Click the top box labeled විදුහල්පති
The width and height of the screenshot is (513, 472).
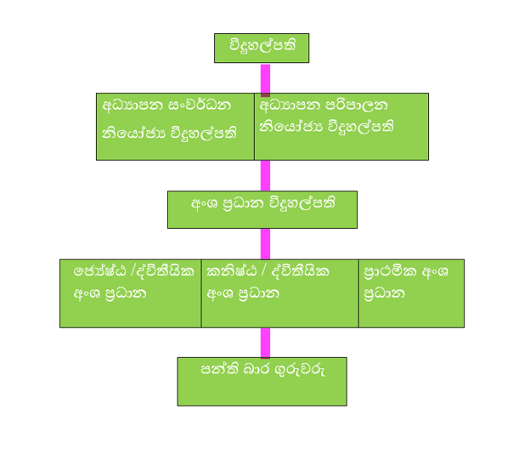click(261, 48)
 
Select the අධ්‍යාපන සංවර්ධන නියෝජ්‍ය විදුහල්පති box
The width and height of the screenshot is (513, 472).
click(175, 126)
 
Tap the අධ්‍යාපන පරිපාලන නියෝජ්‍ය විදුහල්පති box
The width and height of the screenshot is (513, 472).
click(341, 126)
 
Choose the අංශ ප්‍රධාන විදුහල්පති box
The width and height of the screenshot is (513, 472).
click(262, 209)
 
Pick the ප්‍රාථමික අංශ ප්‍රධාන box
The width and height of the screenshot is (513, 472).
click(411, 293)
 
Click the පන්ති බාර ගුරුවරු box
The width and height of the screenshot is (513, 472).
click(262, 381)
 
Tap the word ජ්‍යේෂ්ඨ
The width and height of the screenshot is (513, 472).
click(95, 272)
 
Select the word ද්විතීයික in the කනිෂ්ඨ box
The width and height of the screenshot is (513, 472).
click(296, 272)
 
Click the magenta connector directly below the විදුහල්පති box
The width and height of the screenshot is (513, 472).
click(265, 77)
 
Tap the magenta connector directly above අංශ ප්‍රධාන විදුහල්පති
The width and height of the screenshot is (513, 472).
click(265, 175)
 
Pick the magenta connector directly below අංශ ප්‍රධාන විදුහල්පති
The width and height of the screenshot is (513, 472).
click(265, 243)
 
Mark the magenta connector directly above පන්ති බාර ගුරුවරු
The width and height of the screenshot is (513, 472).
click(265, 342)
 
